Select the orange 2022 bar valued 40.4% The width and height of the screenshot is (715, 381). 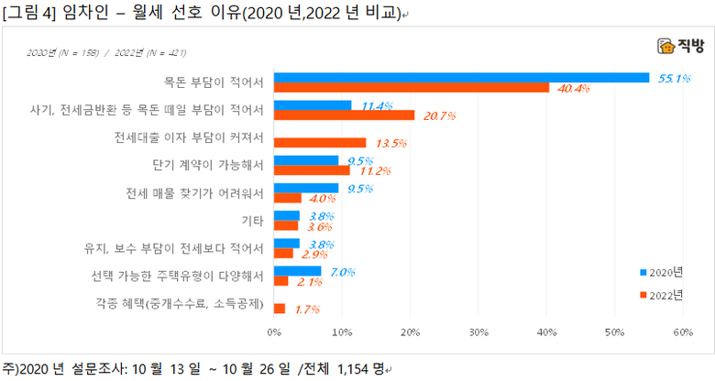pos(412,88)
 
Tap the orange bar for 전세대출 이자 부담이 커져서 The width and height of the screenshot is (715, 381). pos(320,143)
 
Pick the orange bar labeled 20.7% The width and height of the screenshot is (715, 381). pos(345,115)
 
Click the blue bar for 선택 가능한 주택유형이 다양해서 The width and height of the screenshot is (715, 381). pos(298,271)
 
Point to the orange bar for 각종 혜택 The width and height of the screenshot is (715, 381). pos(280,309)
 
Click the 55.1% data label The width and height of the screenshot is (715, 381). pos(674,78)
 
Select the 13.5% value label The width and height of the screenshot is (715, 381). pos(390,144)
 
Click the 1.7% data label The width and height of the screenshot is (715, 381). pos(308,310)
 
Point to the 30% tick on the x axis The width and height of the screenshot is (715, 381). pos(478,332)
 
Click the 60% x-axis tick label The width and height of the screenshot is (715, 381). pos(682,332)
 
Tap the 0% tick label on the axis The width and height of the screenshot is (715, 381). pos(274,332)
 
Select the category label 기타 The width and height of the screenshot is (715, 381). pos(252,221)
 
